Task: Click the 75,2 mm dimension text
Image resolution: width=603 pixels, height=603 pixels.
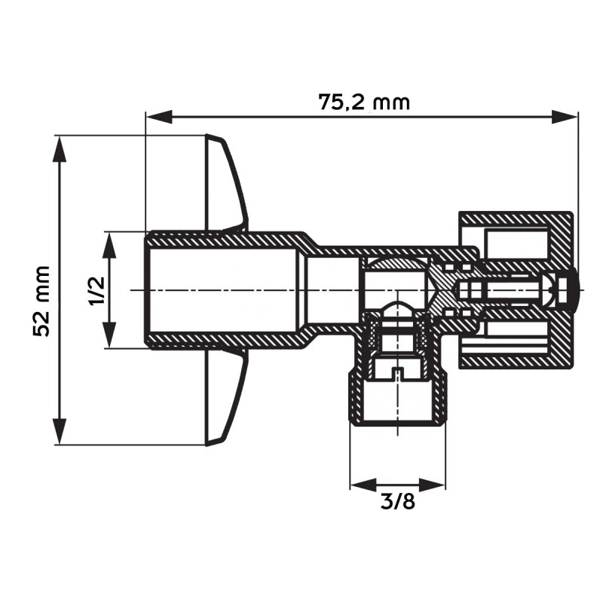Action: pos(364,102)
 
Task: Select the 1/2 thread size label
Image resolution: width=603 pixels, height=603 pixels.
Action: pos(96,290)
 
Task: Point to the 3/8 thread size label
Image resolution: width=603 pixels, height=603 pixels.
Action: pos(397,501)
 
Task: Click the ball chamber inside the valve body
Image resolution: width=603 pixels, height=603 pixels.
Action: pos(392,283)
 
